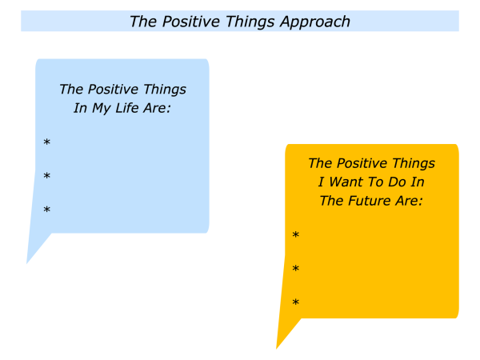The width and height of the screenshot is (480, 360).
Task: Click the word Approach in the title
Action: (315, 22)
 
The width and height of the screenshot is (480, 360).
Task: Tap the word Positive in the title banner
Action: (191, 22)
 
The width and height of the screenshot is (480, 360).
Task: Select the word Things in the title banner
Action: (250, 22)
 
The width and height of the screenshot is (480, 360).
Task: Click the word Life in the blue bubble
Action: (126, 108)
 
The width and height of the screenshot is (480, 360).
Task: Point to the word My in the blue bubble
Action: (101, 108)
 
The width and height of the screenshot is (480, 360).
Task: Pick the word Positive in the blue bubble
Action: (114, 89)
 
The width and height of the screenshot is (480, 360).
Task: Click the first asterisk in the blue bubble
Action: (46, 142)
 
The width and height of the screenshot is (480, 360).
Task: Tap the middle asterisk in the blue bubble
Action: (46, 176)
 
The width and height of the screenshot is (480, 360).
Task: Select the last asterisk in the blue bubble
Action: (46, 210)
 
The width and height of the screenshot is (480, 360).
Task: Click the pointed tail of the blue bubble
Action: (27, 262)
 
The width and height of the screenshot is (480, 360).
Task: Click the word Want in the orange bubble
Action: (346, 182)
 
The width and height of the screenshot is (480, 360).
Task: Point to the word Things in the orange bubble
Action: (414, 163)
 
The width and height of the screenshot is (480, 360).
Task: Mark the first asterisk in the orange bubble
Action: (295, 234)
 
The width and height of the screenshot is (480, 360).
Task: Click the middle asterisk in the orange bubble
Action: (295, 269)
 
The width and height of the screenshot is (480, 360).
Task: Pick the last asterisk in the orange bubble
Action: (295, 302)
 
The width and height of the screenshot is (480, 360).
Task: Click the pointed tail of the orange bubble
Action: (277, 348)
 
